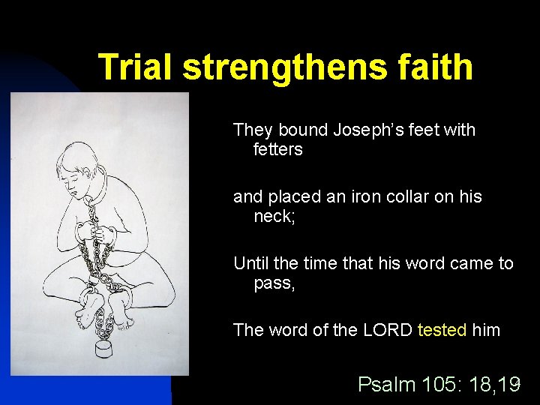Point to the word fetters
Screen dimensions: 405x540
tap(278, 150)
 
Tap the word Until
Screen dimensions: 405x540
tap(252, 263)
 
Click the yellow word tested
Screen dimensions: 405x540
tap(442, 330)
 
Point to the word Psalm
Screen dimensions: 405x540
tap(386, 385)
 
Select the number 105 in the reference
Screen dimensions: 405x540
tap(438, 385)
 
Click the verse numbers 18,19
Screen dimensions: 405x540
tap(493, 385)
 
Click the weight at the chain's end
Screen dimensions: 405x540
tap(104, 351)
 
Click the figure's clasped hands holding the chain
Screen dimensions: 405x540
tap(94, 236)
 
